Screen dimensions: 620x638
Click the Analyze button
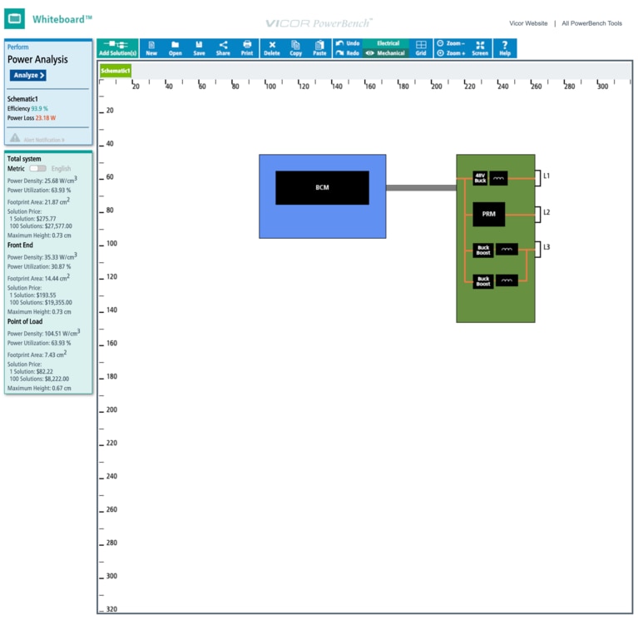(x=28, y=76)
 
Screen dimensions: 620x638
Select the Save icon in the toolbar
(x=199, y=48)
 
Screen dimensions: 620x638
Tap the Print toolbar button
(x=247, y=48)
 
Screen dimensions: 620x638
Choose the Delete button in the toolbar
(x=272, y=48)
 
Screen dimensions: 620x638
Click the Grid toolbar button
(x=421, y=48)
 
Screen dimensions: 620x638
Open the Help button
(x=505, y=48)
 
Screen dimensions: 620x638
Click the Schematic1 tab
(x=116, y=72)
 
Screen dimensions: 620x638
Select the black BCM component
(x=322, y=188)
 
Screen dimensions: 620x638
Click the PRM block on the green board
(x=488, y=214)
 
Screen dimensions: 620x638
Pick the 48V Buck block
(x=480, y=178)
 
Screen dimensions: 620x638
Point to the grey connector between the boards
(x=421, y=188)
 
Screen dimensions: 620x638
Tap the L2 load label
(x=547, y=213)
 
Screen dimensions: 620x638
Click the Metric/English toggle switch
(x=37, y=169)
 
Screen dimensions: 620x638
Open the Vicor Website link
(x=528, y=23)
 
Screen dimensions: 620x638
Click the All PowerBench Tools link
(x=591, y=23)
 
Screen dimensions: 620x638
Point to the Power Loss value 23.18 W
(x=45, y=118)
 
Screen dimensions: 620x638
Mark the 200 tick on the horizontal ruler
(x=437, y=86)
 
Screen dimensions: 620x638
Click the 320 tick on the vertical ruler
(x=111, y=609)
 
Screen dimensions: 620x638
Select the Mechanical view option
(x=388, y=53)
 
